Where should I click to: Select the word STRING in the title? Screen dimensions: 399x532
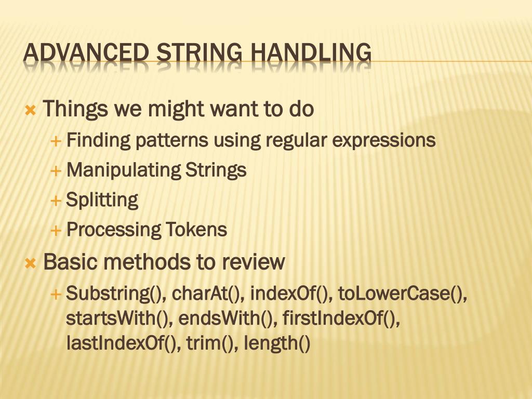pyautogui.click(x=199, y=53)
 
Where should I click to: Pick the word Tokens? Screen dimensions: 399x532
pyautogui.click(x=196, y=230)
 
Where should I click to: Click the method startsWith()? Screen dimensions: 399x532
pyautogui.click(x=119, y=318)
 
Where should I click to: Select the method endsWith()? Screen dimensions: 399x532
pyautogui.click(x=226, y=318)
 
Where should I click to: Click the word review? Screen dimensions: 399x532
pyautogui.click(x=253, y=262)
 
